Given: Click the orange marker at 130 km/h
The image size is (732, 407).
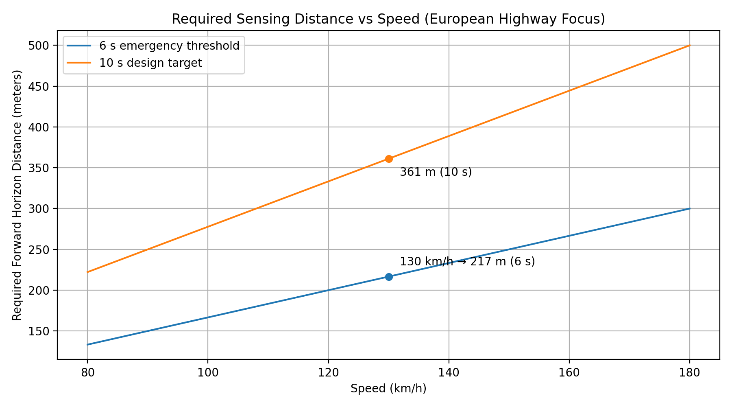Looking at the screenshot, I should (389, 159).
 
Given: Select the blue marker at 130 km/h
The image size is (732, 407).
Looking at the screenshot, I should (389, 277).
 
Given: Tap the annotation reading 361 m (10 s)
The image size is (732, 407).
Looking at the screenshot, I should (436, 172).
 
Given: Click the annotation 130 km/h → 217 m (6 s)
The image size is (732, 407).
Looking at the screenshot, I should (467, 262).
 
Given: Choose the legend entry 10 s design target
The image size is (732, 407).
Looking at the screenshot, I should (150, 63).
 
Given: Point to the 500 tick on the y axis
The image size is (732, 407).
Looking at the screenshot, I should (38, 46).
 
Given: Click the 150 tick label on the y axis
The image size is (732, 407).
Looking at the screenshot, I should (38, 331).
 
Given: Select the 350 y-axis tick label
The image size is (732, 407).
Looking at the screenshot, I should (38, 168).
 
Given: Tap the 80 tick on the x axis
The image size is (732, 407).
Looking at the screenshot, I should (87, 372).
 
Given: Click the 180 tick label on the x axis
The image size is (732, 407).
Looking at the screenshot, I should (690, 372).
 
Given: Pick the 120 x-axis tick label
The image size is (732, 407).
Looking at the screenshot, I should (328, 372).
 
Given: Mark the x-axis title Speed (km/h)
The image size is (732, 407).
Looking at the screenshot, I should (388, 389).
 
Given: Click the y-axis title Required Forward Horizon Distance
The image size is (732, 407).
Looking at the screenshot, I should (17, 195).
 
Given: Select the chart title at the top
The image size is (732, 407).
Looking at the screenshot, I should (388, 19).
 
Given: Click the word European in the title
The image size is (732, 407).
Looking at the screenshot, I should (447, 19).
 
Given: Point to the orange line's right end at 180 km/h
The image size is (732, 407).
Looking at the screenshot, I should (690, 45).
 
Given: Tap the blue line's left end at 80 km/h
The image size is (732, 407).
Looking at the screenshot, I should (87, 344).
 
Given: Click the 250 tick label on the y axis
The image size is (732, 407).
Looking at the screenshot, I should (38, 249).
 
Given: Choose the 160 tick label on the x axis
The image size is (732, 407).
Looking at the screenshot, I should (569, 372).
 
